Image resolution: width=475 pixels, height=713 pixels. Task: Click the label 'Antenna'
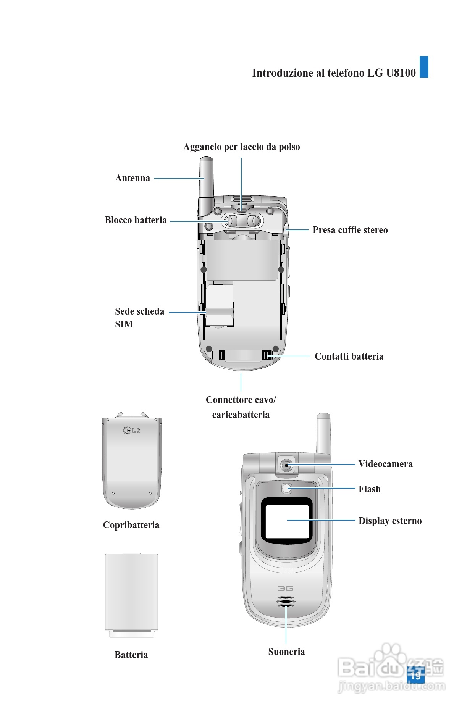[132, 178]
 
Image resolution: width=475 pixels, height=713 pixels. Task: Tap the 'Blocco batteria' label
[136, 220]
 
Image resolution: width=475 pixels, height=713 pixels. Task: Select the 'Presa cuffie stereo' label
[350, 230]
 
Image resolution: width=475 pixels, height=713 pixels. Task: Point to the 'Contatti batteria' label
[349, 356]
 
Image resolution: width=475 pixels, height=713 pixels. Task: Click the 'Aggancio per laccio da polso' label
[241, 147]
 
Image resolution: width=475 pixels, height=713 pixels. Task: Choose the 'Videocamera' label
[385, 464]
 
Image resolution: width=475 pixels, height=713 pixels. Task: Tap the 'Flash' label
[369, 489]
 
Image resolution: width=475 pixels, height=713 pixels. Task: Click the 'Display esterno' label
[390, 521]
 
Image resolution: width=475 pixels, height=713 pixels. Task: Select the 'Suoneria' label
[286, 652]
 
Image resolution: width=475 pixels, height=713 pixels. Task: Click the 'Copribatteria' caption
[131, 525]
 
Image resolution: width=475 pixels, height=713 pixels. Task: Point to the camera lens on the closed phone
[286, 465]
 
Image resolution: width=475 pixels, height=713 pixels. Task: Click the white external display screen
[287, 521]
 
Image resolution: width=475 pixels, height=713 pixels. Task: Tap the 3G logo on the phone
[286, 589]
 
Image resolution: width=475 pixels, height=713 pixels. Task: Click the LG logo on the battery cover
[132, 431]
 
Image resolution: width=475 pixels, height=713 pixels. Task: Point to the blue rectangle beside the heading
[424, 67]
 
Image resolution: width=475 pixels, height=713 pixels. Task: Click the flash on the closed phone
[287, 488]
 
